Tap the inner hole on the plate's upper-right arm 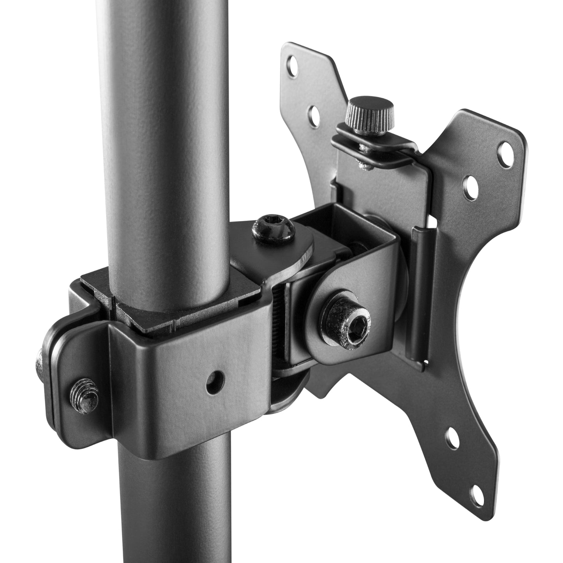pos(470,184)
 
